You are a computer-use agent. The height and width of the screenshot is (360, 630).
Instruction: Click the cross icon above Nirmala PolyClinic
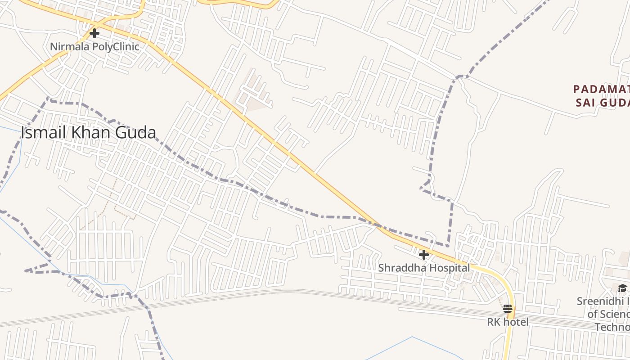(94, 33)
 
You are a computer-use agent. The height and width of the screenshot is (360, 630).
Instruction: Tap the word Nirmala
(70, 46)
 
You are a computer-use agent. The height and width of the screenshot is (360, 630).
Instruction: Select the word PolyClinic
(116, 46)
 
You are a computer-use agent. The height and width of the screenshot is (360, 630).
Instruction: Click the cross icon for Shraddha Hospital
(423, 255)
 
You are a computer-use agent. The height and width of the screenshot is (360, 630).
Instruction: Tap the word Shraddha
(399, 268)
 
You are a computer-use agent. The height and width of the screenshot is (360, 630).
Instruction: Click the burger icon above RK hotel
(508, 309)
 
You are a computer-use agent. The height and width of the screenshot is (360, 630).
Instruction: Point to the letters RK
(494, 322)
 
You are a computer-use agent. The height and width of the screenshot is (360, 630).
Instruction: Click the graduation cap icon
(622, 288)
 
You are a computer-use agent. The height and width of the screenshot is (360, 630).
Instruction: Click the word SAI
(585, 103)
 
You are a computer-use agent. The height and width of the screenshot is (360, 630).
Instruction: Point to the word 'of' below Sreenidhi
(593, 314)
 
